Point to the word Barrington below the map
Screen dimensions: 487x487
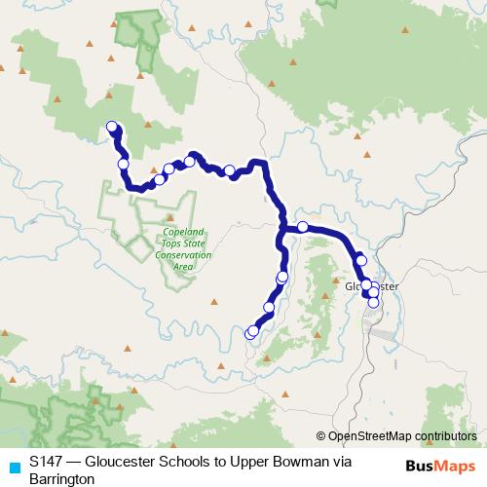(x=61, y=479)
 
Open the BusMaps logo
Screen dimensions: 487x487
(x=439, y=467)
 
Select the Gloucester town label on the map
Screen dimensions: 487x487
(x=372, y=286)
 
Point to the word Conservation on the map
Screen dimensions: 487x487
(x=184, y=255)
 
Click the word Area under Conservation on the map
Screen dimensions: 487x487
(x=184, y=265)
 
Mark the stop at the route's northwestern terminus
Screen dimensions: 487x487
(x=111, y=127)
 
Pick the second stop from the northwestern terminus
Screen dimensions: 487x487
(x=123, y=164)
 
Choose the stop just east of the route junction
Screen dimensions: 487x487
(x=302, y=227)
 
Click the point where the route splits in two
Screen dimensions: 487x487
(x=282, y=230)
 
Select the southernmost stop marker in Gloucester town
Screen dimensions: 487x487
(x=372, y=301)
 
